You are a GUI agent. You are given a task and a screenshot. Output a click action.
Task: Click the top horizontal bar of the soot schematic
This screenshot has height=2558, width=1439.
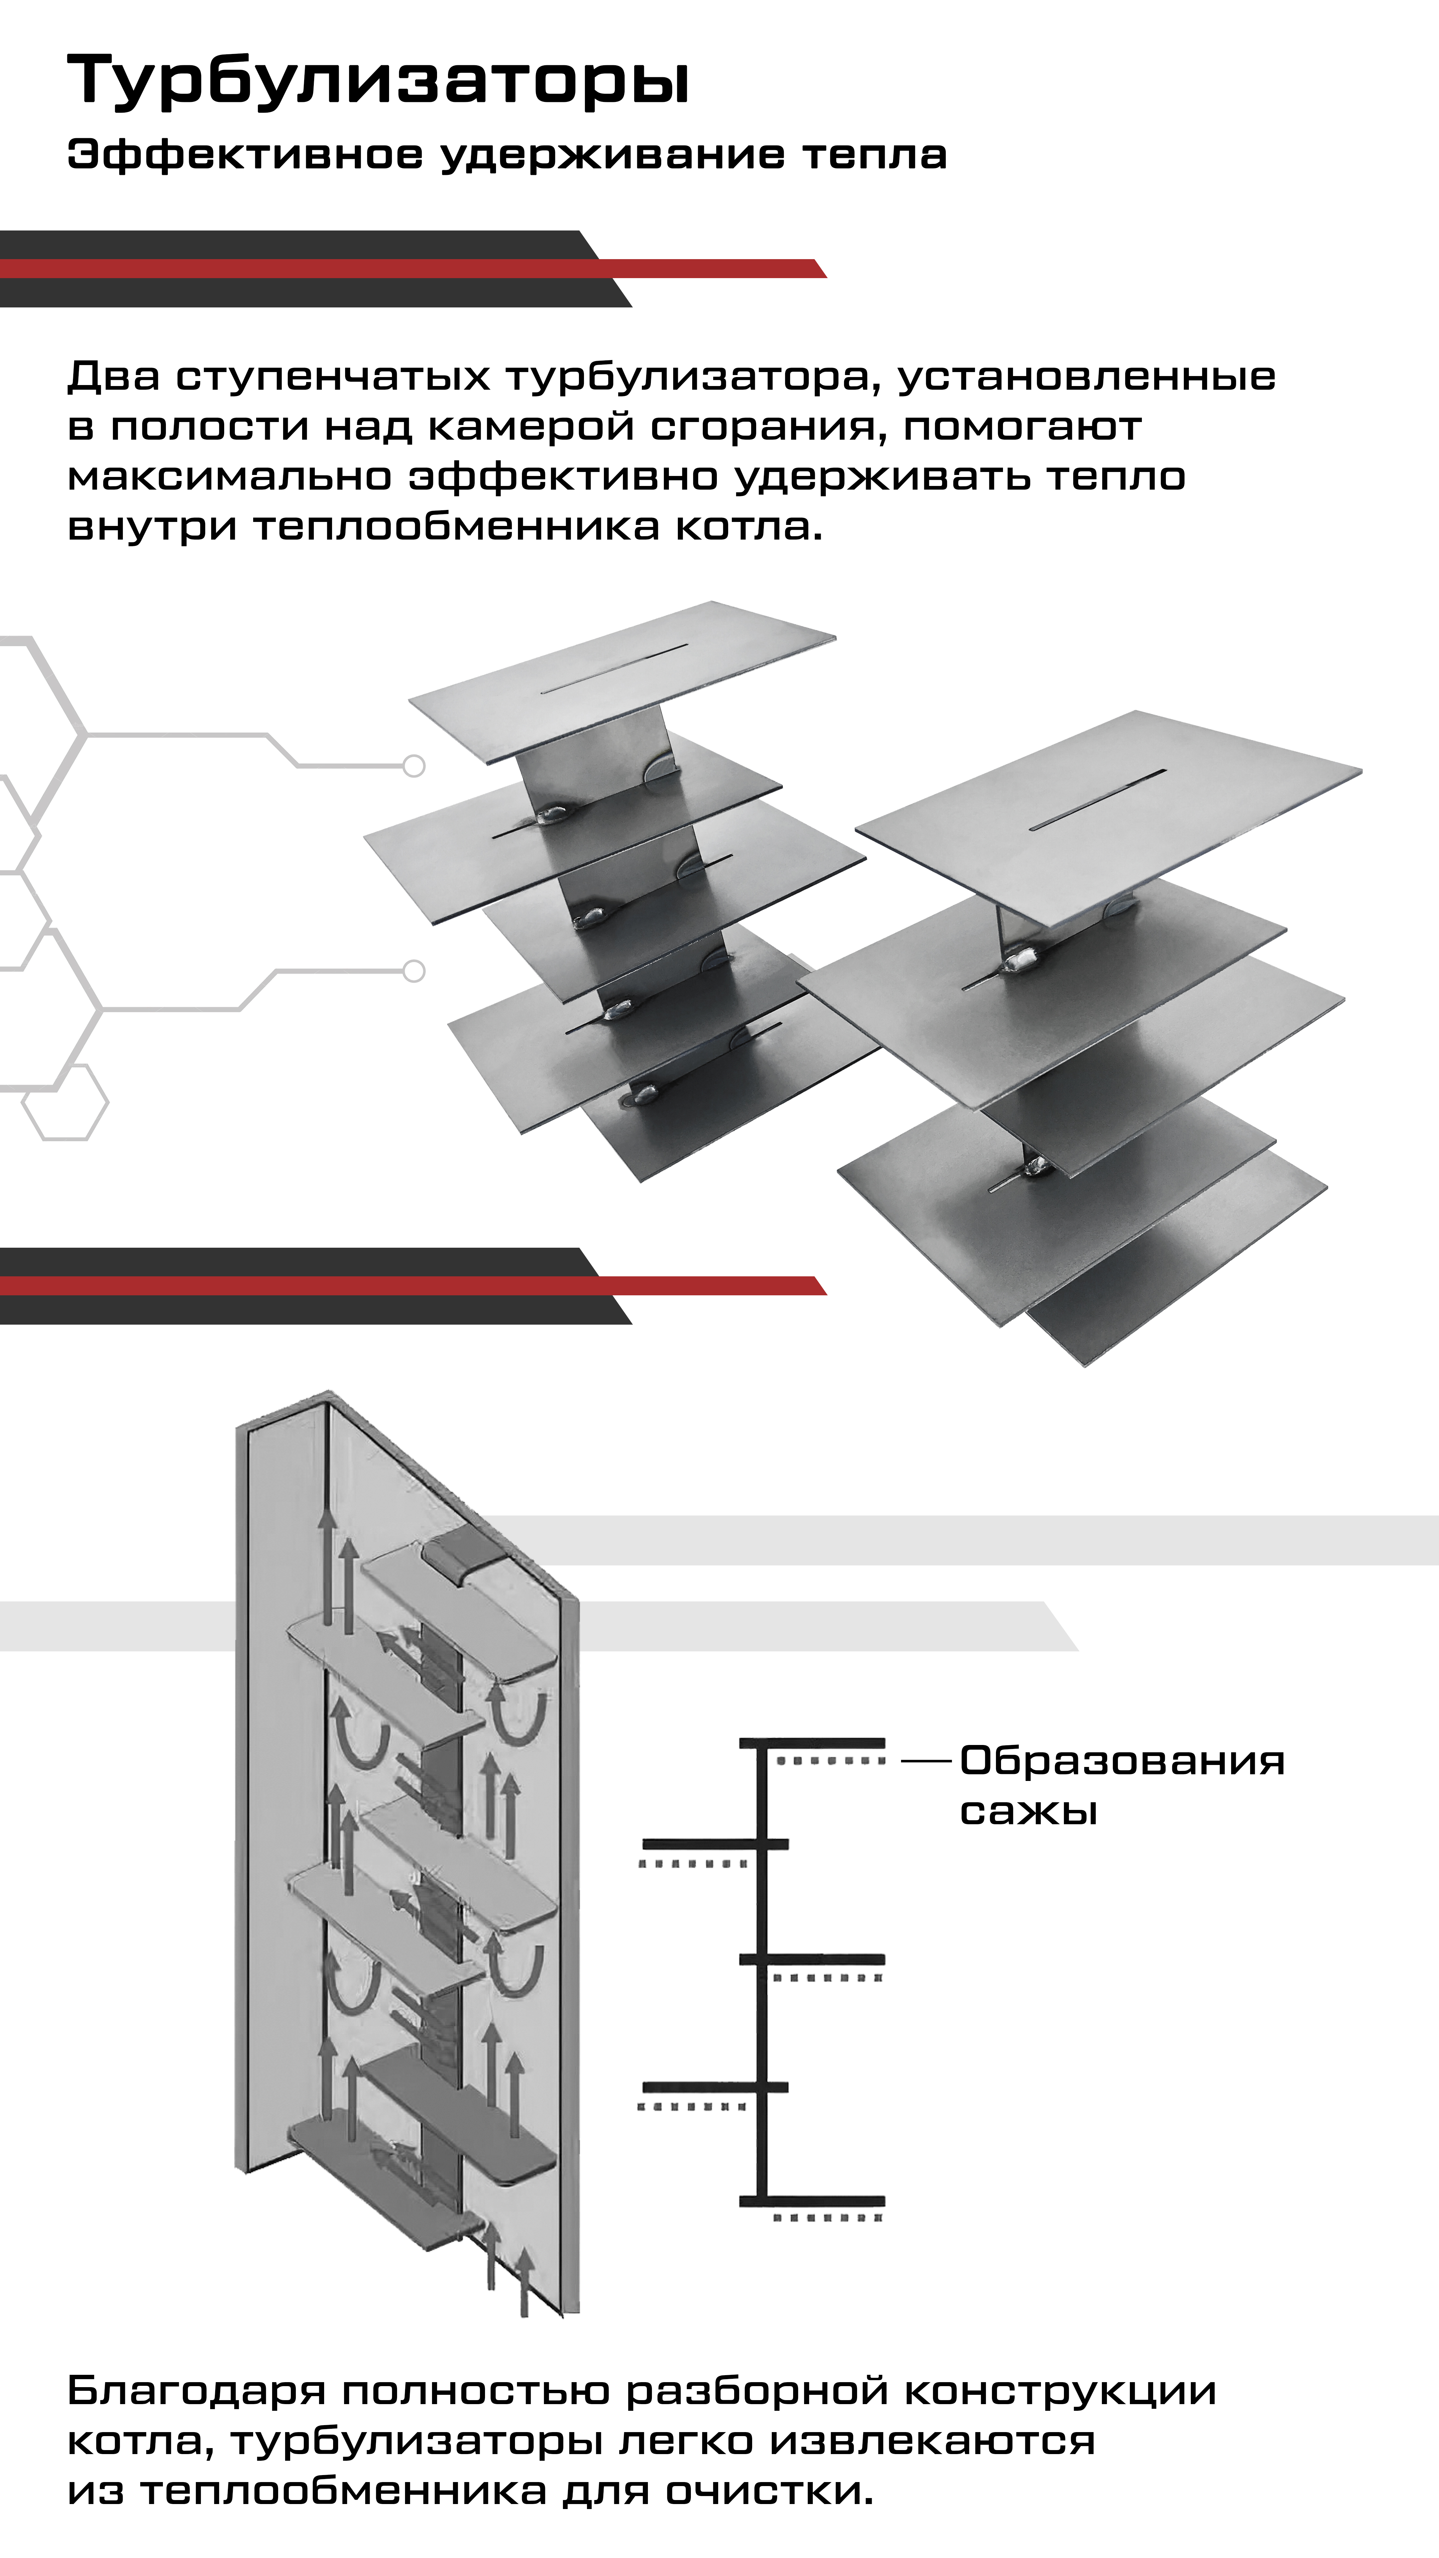click(x=812, y=1744)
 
